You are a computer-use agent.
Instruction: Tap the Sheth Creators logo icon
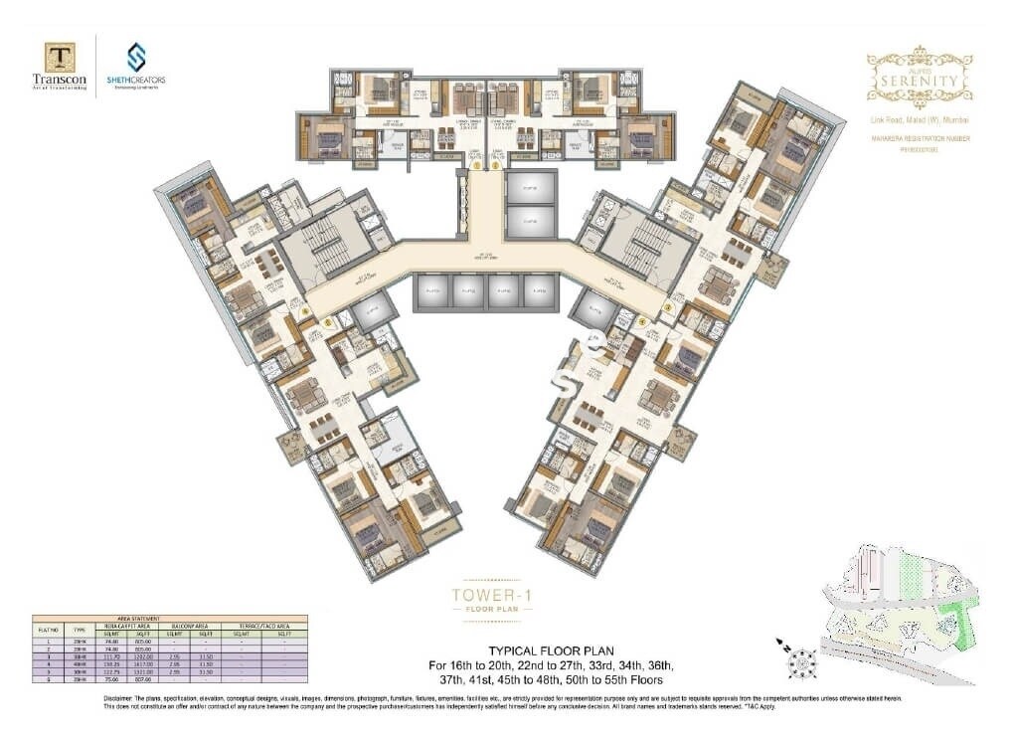pyautogui.click(x=135, y=57)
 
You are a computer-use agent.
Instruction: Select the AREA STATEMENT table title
pyautogui.click(x=170, y=619)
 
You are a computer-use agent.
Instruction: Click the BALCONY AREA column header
pyautogui.click(x=193, y=626)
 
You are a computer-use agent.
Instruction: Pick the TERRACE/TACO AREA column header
pyautogui.click(x=265, y=626)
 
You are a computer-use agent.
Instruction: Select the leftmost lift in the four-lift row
pyautogui.click(x=433, y=291)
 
